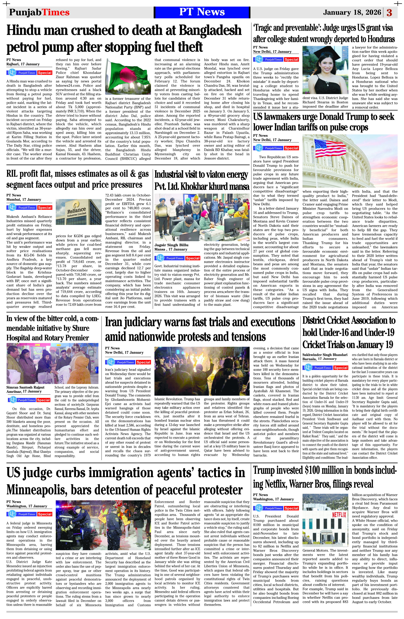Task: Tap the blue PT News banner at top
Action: pyautogui.click(x=202, y=12)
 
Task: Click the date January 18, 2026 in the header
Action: pyautogui.click(x=352, y=13)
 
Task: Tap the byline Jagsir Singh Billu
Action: pyautogui.click(x=171, y=245)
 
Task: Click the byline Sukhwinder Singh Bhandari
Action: pyautogui.click(x=325, y=355)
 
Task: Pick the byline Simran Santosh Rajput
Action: pyautogui.click(x=25, y=387)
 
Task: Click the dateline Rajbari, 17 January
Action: pyautogui.click(x=23, y=64)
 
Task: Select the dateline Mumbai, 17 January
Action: pyautogui.click(x=24, y=200)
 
